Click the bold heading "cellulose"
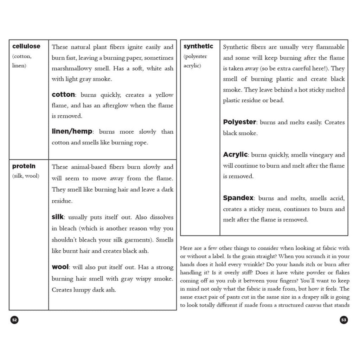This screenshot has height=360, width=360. pyautogui.click(x=26, y=46)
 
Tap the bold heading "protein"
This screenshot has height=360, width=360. pyautogui.click(x=24, y=166)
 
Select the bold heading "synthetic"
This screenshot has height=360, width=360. pyautogui.click(x=198, y=46)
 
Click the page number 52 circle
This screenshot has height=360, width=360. pyautogui.click(x=14, y=320)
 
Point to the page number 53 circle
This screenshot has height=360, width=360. pyautogui.click(x=344, y=320)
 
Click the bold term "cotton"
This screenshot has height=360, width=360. pyautogui.click(x=63, y=95)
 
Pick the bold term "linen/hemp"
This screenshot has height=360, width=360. pyautogui.click(x=72, y=131)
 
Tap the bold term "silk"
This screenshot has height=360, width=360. pyautogui.click(x=58, y=217)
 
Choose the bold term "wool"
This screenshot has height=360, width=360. pyautogui.click(x=60, y=267)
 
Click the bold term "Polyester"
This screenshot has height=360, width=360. pyautogui.click(x=239, y=122)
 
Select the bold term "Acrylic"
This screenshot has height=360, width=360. pyautogui.click(x=236, y=155)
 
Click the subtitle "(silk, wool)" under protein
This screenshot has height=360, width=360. pyautogui.click(x=26, y=176)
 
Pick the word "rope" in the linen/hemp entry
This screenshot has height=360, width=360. pyautogui.click(x=141, y=143)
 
